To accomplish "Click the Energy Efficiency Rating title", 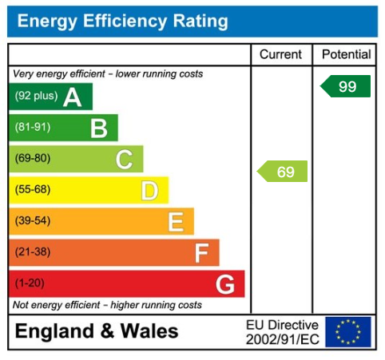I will (122, 22).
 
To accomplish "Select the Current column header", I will (281, 55).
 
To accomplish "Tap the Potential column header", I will (347, 55).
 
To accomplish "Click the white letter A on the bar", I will (73, 97).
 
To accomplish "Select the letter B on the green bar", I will (98, 128).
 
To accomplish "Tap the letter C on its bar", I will (124, 159).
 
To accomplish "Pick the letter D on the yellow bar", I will (149, 190).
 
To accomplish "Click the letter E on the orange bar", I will (175, 221).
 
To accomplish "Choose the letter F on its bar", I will (201, 253).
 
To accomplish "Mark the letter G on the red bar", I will (225, 284).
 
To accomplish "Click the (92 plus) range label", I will (37, 97).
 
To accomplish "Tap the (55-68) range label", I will (33, 190).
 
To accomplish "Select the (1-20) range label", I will (30, 284).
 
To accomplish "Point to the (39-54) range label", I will (33, 221).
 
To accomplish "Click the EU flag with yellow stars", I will (348, 332).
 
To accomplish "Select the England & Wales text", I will (97, 332).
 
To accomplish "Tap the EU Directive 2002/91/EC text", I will (282, 332).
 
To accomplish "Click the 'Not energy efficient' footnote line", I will (108, 305).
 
